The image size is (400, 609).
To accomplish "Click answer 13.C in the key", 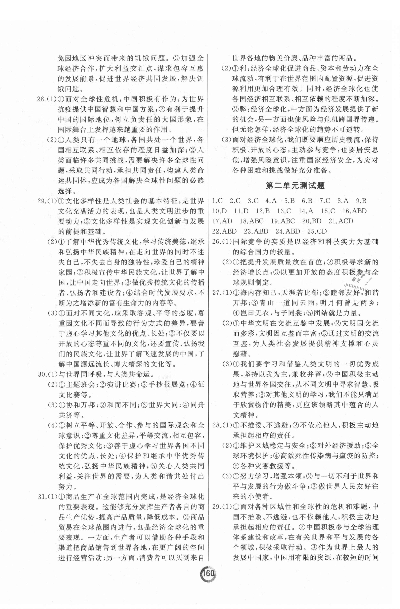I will point(284,211).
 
